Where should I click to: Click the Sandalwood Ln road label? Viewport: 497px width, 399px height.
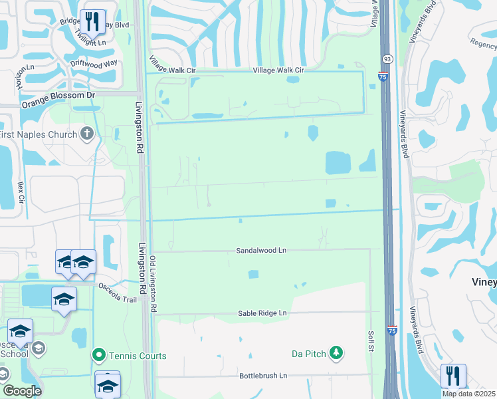click(261, 251)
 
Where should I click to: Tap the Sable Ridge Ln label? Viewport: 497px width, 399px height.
click(262, 313)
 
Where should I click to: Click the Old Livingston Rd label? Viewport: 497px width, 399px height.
click(153, 284)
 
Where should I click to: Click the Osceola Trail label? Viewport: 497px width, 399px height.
click(117, 292)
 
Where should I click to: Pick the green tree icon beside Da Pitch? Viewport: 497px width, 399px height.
click(337, 353)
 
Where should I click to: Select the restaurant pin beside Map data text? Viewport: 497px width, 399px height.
click(453, 376)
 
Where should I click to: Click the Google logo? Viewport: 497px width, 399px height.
click(21, 391)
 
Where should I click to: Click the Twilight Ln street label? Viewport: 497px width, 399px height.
click(91, 42)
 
